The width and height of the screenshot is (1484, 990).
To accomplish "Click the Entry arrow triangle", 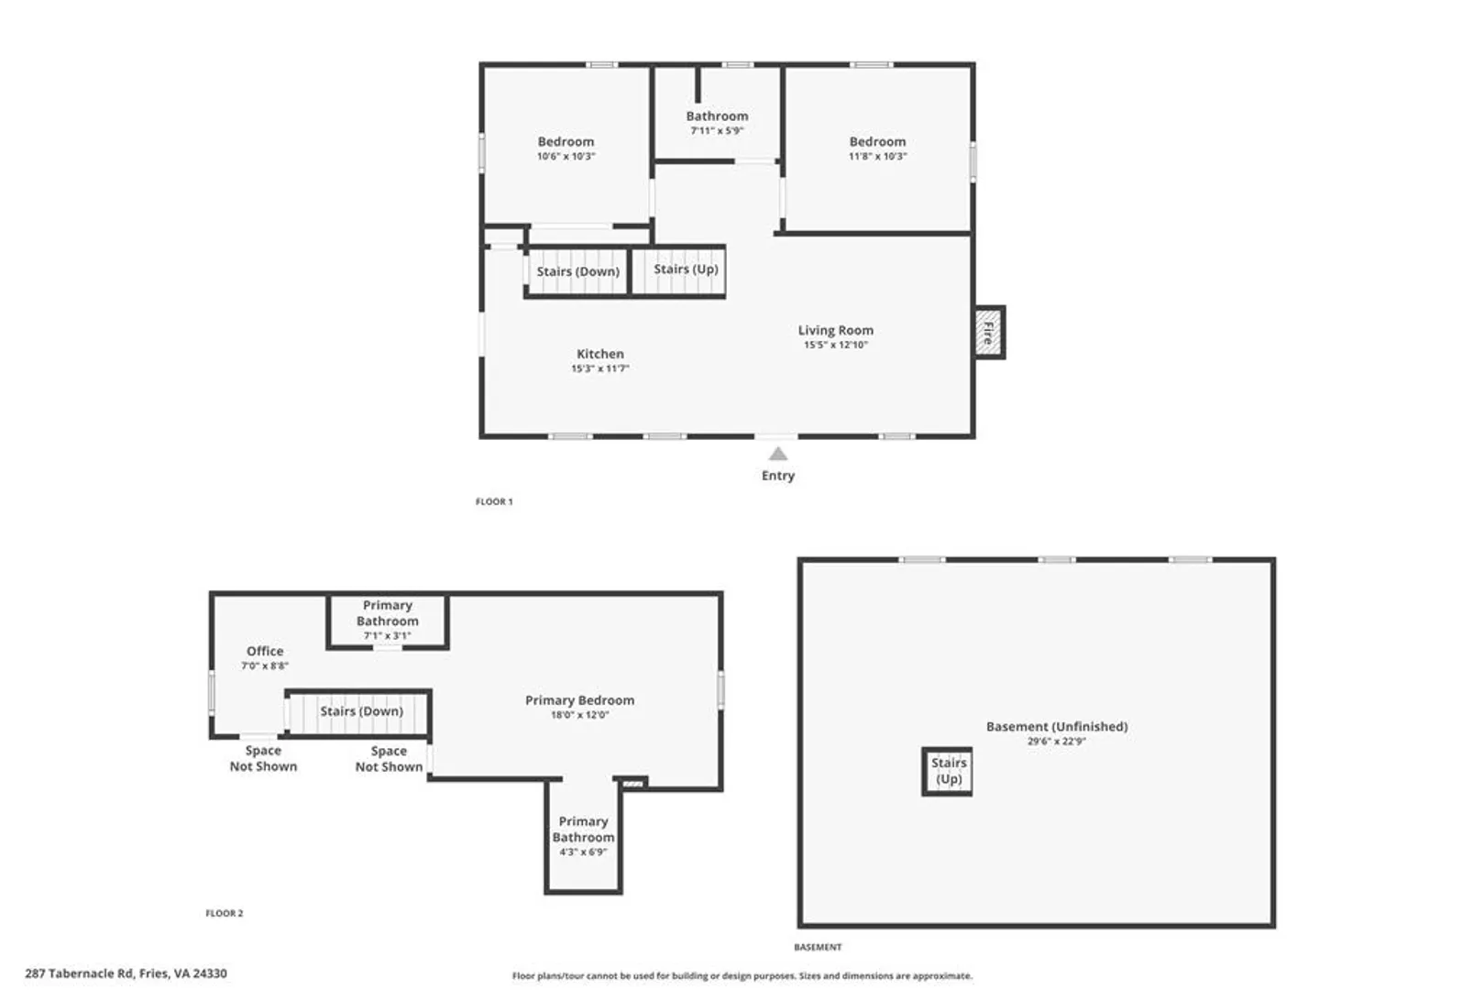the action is click(x=778, y=454).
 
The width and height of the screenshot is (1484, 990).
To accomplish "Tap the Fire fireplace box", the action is click(x=989, y=333).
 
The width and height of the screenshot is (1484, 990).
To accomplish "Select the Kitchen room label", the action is click(x=600, y=354).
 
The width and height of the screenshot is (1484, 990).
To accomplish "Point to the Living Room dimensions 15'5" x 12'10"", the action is click(x=835, y=345).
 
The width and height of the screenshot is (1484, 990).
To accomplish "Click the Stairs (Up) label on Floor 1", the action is click(x=686, y=269).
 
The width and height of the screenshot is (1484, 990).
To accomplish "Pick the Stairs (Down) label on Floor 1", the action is click(x=577, y=271).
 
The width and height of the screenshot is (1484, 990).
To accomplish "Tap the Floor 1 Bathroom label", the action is click(x=717, y=116).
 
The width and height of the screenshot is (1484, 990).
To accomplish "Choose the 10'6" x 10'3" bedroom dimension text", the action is click(x=566, y=157).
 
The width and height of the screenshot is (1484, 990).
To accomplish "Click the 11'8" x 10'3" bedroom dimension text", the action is click(x=878, y=157).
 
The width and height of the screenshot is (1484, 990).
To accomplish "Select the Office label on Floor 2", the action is click(x=265, y=651).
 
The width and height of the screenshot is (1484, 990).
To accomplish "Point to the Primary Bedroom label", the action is click(x=579, y=699).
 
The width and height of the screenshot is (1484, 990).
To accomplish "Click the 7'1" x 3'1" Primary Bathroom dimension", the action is click(x=387, y=635).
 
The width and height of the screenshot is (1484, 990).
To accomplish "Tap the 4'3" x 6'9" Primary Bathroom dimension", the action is click(x=583, y=852).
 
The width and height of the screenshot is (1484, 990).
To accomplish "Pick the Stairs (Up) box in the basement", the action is click(x=948, y=771).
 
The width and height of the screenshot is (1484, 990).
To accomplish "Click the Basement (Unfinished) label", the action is click(x=1057, y=726).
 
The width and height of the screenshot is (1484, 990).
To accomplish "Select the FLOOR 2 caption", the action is click(x=224, y=913).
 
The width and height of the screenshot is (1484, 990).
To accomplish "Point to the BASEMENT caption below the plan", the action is click(x=818, y=947).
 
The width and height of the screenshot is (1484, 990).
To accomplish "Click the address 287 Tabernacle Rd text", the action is click(x=80, y=973).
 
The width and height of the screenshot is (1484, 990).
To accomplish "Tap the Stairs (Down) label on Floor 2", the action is click(x=362, y=711).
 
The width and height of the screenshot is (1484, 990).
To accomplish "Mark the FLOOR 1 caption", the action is click(x=493, y=501).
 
